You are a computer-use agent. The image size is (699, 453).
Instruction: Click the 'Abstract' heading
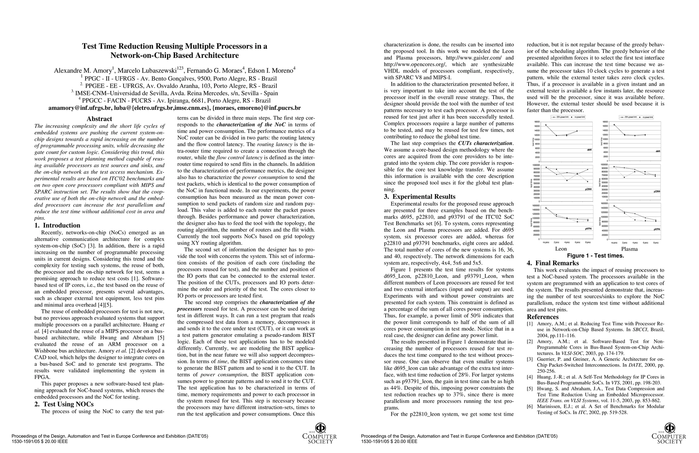(x=99, y=119)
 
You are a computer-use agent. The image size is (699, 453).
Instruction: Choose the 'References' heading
(x=543, y=317)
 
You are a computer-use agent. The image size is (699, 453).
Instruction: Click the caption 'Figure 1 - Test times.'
(x=595, y=256)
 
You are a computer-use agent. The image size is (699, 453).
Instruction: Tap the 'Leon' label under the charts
(x=561, y=249)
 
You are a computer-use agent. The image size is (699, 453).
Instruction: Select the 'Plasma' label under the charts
(x=629, y=249)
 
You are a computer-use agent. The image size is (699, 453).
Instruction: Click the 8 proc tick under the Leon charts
(x=587, y=243)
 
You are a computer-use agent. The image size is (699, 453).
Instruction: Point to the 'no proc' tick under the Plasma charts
(x=614, y=243)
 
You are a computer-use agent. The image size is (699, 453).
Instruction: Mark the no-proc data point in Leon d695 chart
(x=546, y=125)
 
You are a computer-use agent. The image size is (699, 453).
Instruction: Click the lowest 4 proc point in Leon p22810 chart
(x=567, y=180)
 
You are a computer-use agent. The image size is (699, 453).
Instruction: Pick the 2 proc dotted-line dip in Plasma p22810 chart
(x=624, y=177)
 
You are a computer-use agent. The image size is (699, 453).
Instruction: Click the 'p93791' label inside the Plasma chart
(x=656, y=229)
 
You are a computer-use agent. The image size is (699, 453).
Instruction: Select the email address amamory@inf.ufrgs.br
(x=78, y=108)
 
